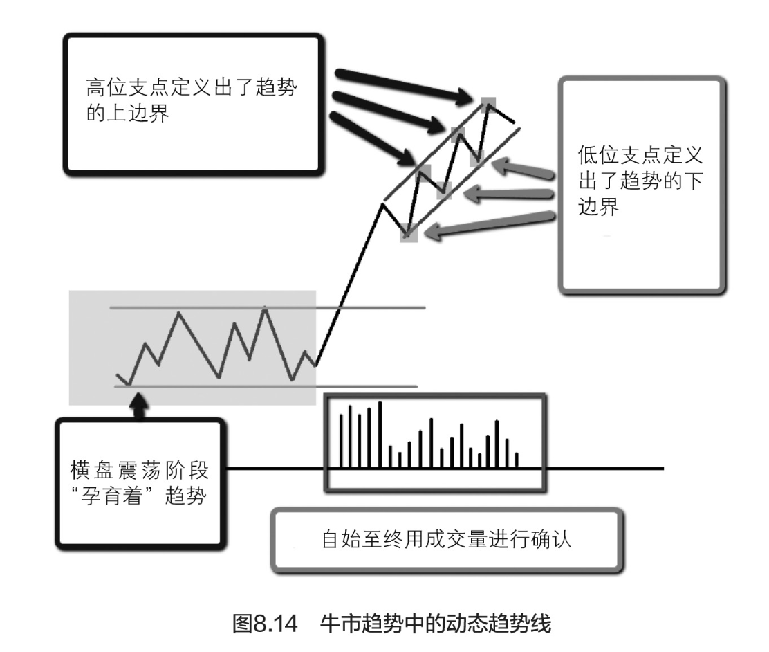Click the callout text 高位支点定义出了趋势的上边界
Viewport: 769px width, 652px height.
tap(195, 101)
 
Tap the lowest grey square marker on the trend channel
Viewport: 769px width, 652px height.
tap(409, 235)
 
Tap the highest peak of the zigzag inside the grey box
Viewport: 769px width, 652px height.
tap(265, 309)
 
